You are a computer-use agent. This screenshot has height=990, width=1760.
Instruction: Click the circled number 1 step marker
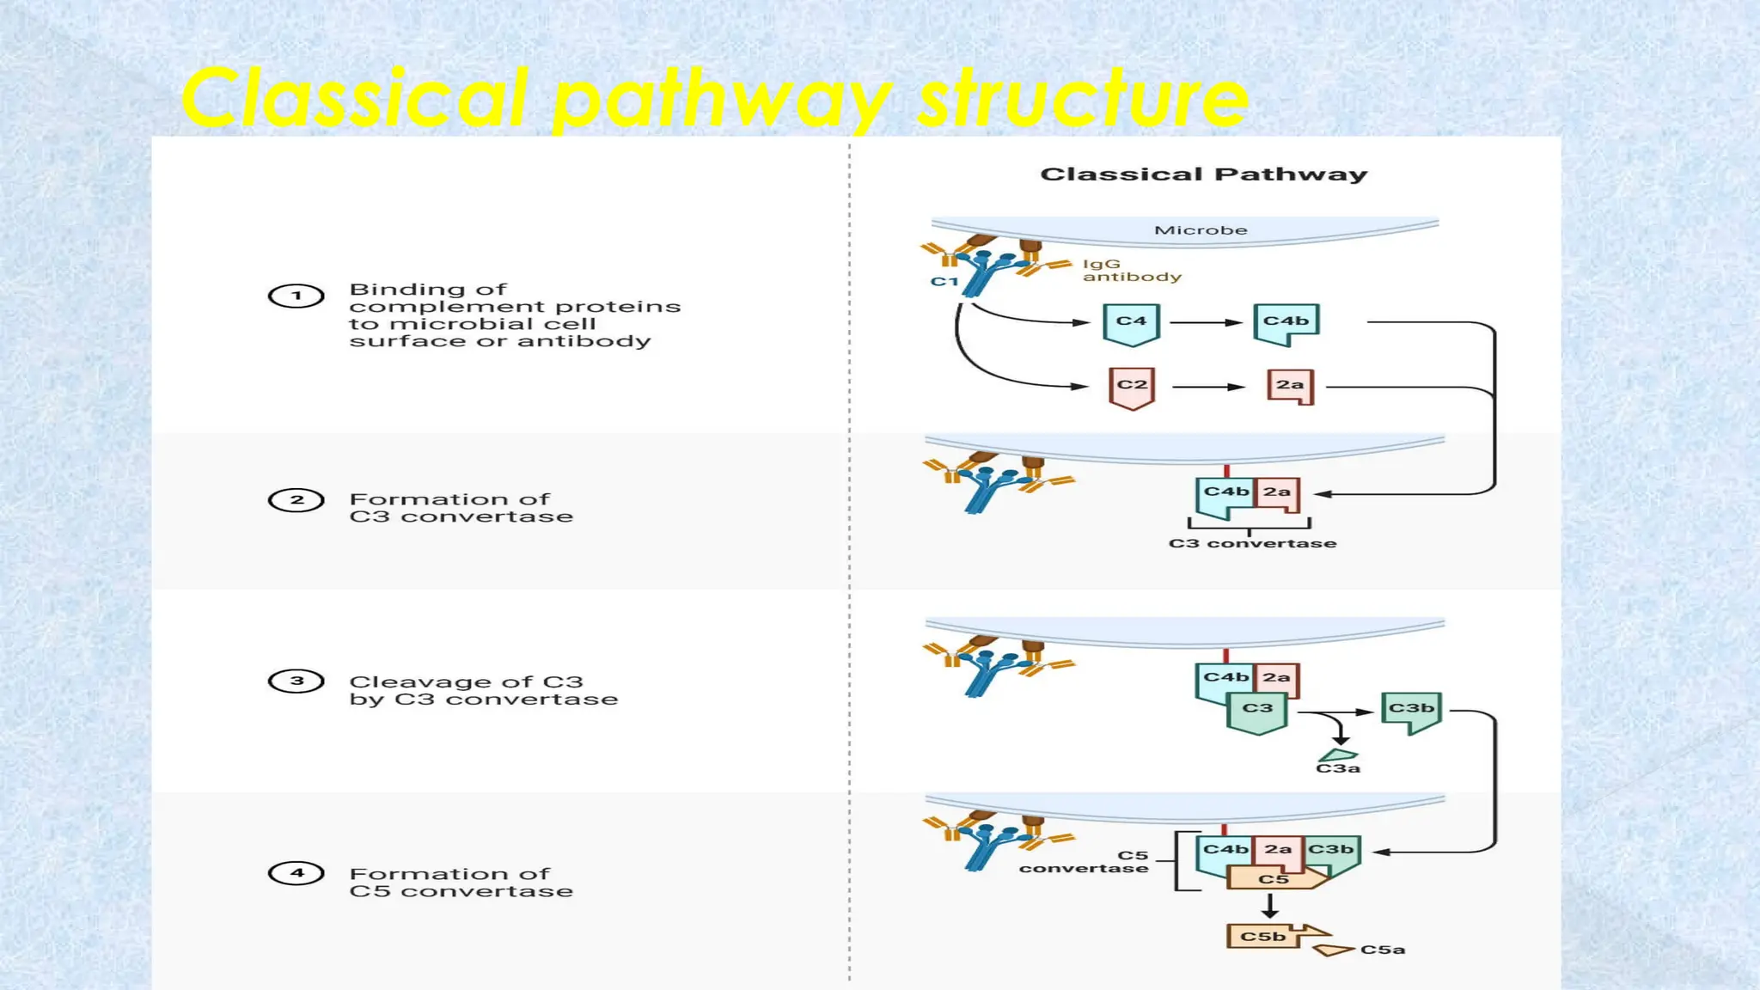pyautogui.click(x=296, y=296)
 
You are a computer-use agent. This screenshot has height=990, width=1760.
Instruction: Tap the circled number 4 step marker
pyautogui.click(x=296, y=873)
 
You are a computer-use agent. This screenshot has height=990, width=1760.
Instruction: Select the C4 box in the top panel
pyautogui.click(x=1131, y=323)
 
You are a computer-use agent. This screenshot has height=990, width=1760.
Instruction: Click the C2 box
pyautogui.click(x=1132, y=386)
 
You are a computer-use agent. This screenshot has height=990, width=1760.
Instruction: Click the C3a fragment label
pyautogui.click(x=1338, y=768)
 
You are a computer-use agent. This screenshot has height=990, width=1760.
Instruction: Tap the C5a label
pyautogui.click(x=1383, y=950)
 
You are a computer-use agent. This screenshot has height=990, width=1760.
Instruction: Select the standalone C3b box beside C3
pyautogui.click(x=1411, y=710)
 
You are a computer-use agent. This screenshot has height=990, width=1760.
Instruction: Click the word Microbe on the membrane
pyautogui.click(x=1201, y=230)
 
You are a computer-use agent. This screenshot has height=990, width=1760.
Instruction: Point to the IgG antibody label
pyautogui.click(x=1131, y=271)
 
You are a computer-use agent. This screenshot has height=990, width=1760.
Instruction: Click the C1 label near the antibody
pyautogui.click(x=944, y=282)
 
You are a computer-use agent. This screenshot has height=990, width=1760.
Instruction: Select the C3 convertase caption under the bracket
pyautogui.click(x=1252, y=543)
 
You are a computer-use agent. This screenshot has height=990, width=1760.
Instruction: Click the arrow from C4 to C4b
pyautogui.click(x=1206, y=322)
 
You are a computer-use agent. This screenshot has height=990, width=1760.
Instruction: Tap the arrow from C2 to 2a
pyautogui.click(x=1208, y=387)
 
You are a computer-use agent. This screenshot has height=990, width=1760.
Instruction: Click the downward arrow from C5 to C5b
pyautogui.click(x=1270, y=905)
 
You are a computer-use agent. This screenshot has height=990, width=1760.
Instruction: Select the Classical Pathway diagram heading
pyautogui.click(x=1203, y=174)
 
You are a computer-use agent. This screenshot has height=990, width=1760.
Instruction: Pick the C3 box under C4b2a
pyautogui.click(x=1257, y=710)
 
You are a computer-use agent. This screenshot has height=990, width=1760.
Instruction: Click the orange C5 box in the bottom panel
pyautogui.click(x=1274, y=879)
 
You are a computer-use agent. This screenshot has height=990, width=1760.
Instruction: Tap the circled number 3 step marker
pyautogui.click(x=296, y=681)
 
